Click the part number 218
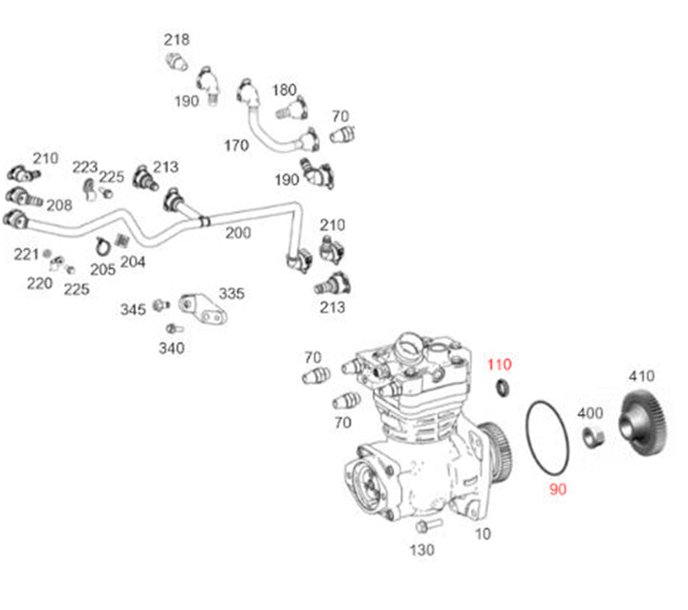tap(176, 40)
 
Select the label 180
tap(285, 90)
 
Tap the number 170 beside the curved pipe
tap(236, 146)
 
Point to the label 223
tap(85, 166)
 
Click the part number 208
tap(59, 205)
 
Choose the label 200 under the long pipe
tap(238, 233)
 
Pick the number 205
tap(102, 269)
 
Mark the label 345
tap(133, 309)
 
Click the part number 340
tap(172, 348)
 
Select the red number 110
tap(500, 364)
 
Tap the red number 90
tap(558, 490)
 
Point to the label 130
tap(421, 550)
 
